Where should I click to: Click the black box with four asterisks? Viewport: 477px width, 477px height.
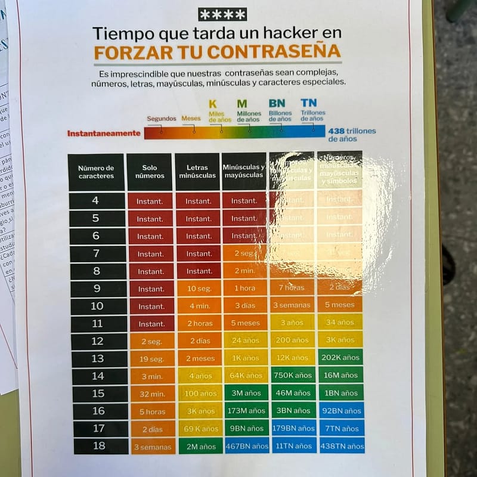coord(222,14)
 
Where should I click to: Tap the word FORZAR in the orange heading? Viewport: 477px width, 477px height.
coord(128,52)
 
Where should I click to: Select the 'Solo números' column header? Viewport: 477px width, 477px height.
coord(150,172)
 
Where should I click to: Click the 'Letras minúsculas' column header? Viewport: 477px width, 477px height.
coord(197,172)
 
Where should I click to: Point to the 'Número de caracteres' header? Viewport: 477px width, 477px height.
coord(96,172)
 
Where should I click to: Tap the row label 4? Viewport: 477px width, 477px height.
coord(95,201)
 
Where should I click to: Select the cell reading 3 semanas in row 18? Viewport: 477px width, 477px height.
coord(152,447)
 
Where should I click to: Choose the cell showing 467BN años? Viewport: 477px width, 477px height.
coord(247,446)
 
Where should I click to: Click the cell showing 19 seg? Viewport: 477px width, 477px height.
coord(151,358)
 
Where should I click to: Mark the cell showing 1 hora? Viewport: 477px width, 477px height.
coord(244,289)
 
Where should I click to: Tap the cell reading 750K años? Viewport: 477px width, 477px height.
coord(292,376)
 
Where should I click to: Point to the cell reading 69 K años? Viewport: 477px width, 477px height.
coord(200,429)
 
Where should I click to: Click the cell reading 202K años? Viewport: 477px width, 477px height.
coord(340,358)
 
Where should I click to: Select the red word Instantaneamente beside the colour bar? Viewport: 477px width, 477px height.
coord(104,134)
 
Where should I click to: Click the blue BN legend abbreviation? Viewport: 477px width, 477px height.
coord(277,103)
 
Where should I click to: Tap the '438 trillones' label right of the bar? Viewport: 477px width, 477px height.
coord(352,131)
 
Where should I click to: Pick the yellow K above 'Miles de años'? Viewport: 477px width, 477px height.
coord(212,104)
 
